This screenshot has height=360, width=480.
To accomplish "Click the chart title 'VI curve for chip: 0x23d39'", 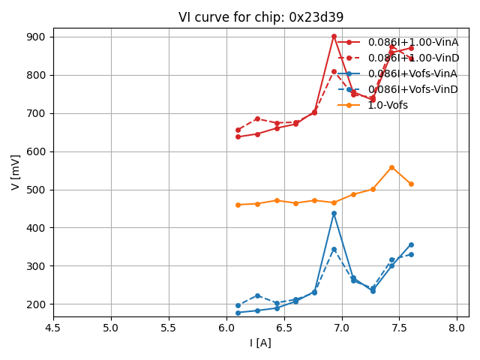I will pyautogui.click(x=261, y=17).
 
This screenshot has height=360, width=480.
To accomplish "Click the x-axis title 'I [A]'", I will pyautogui.click(x=261, y=343).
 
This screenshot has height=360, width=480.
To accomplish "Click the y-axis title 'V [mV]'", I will pyautogui.click(x=16, y=172).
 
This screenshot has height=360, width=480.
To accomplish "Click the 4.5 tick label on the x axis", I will pyautogui.click(x=53, y=328).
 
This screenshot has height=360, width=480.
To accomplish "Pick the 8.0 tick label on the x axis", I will pyautogui.click(x=457, y=328).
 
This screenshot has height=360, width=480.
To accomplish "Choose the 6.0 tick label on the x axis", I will pyautogui.click(x=226, y=328).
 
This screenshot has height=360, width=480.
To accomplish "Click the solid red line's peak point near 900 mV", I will pyautogui.click(x=334, y=36).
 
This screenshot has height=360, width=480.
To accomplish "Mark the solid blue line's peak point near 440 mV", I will pyautogui.click(x=334, y=213).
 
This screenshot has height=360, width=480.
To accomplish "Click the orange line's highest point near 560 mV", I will pyautogui.click(x=391, y=167).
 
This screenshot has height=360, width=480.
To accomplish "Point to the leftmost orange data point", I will pyautogui.click(x=238, y=205).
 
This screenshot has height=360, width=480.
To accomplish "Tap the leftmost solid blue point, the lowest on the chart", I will pyautogui.click(x=238, y=313).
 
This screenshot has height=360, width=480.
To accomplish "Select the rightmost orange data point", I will pyautogui.click(x=411, y=184).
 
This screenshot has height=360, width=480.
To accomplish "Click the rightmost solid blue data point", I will pyautogui.click(x=411, y=244).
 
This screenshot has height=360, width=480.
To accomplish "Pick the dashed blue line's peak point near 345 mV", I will pyautogui.click(x=334, y=249).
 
